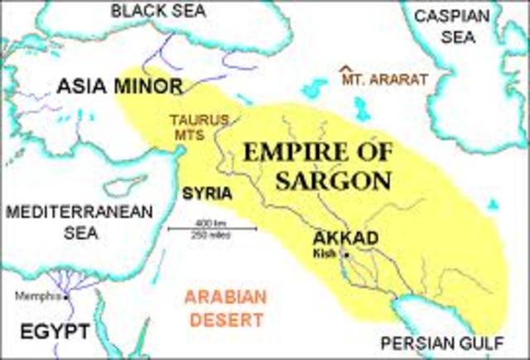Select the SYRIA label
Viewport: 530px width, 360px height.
(206, 195)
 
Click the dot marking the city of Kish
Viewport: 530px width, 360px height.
(346, 255)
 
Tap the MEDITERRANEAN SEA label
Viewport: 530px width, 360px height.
(79, 223)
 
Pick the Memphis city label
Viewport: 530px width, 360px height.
(41, 296)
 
